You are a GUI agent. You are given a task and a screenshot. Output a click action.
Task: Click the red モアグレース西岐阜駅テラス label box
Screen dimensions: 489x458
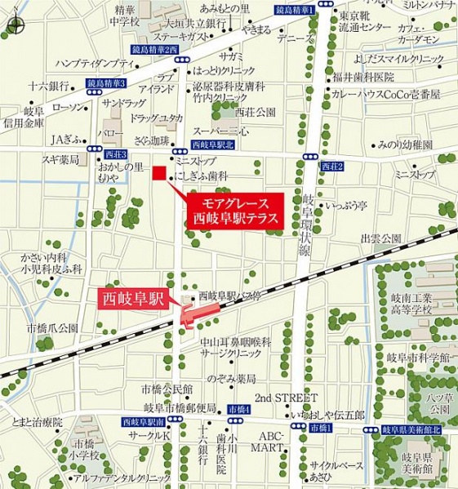coord(234,211)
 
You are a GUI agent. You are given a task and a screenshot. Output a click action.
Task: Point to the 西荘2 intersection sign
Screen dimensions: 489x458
coord(333,167)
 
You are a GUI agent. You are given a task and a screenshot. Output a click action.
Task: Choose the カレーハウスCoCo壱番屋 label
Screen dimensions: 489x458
coord(386,95)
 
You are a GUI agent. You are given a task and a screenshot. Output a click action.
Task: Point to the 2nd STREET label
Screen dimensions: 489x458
coord(285,398)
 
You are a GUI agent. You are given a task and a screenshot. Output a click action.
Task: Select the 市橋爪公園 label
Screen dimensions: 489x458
coord(52,327)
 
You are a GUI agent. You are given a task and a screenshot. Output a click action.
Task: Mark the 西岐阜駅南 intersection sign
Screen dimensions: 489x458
coord(143,422)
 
